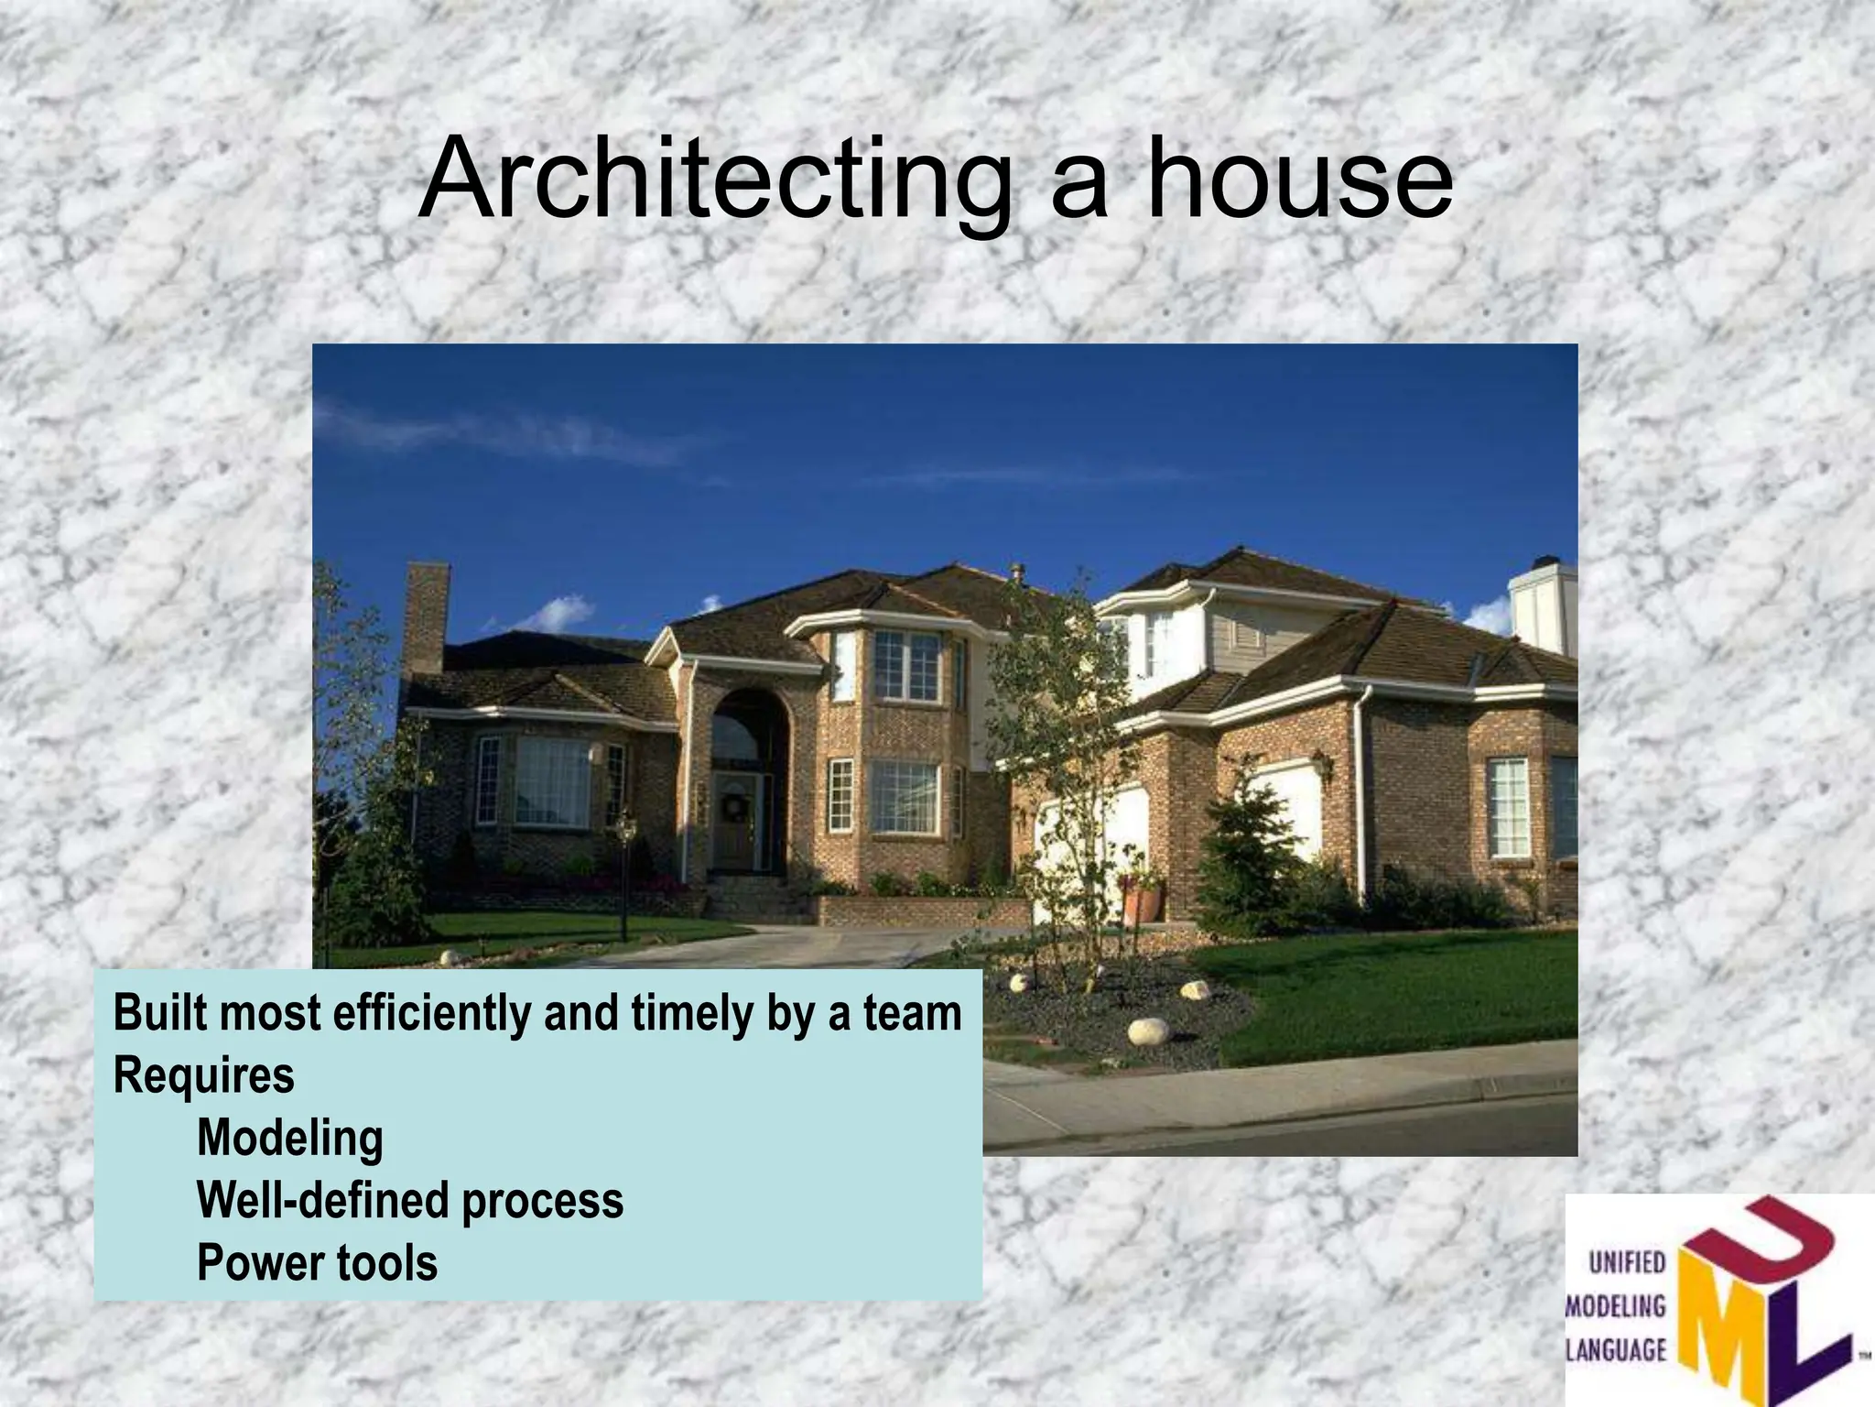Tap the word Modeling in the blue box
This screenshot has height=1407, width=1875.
[289, 1139]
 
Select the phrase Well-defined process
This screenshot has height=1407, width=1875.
[409, 1201]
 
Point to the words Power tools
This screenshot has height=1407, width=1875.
[317, 1262]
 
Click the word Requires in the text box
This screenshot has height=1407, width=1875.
[203, 1075]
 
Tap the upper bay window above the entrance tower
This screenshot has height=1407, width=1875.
[906, 667]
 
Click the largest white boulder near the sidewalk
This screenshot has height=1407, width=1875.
[1148, 1031]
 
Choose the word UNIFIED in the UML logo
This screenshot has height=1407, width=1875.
[1626, 1263]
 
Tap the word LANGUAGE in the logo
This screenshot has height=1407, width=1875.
[1617, 1350]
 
